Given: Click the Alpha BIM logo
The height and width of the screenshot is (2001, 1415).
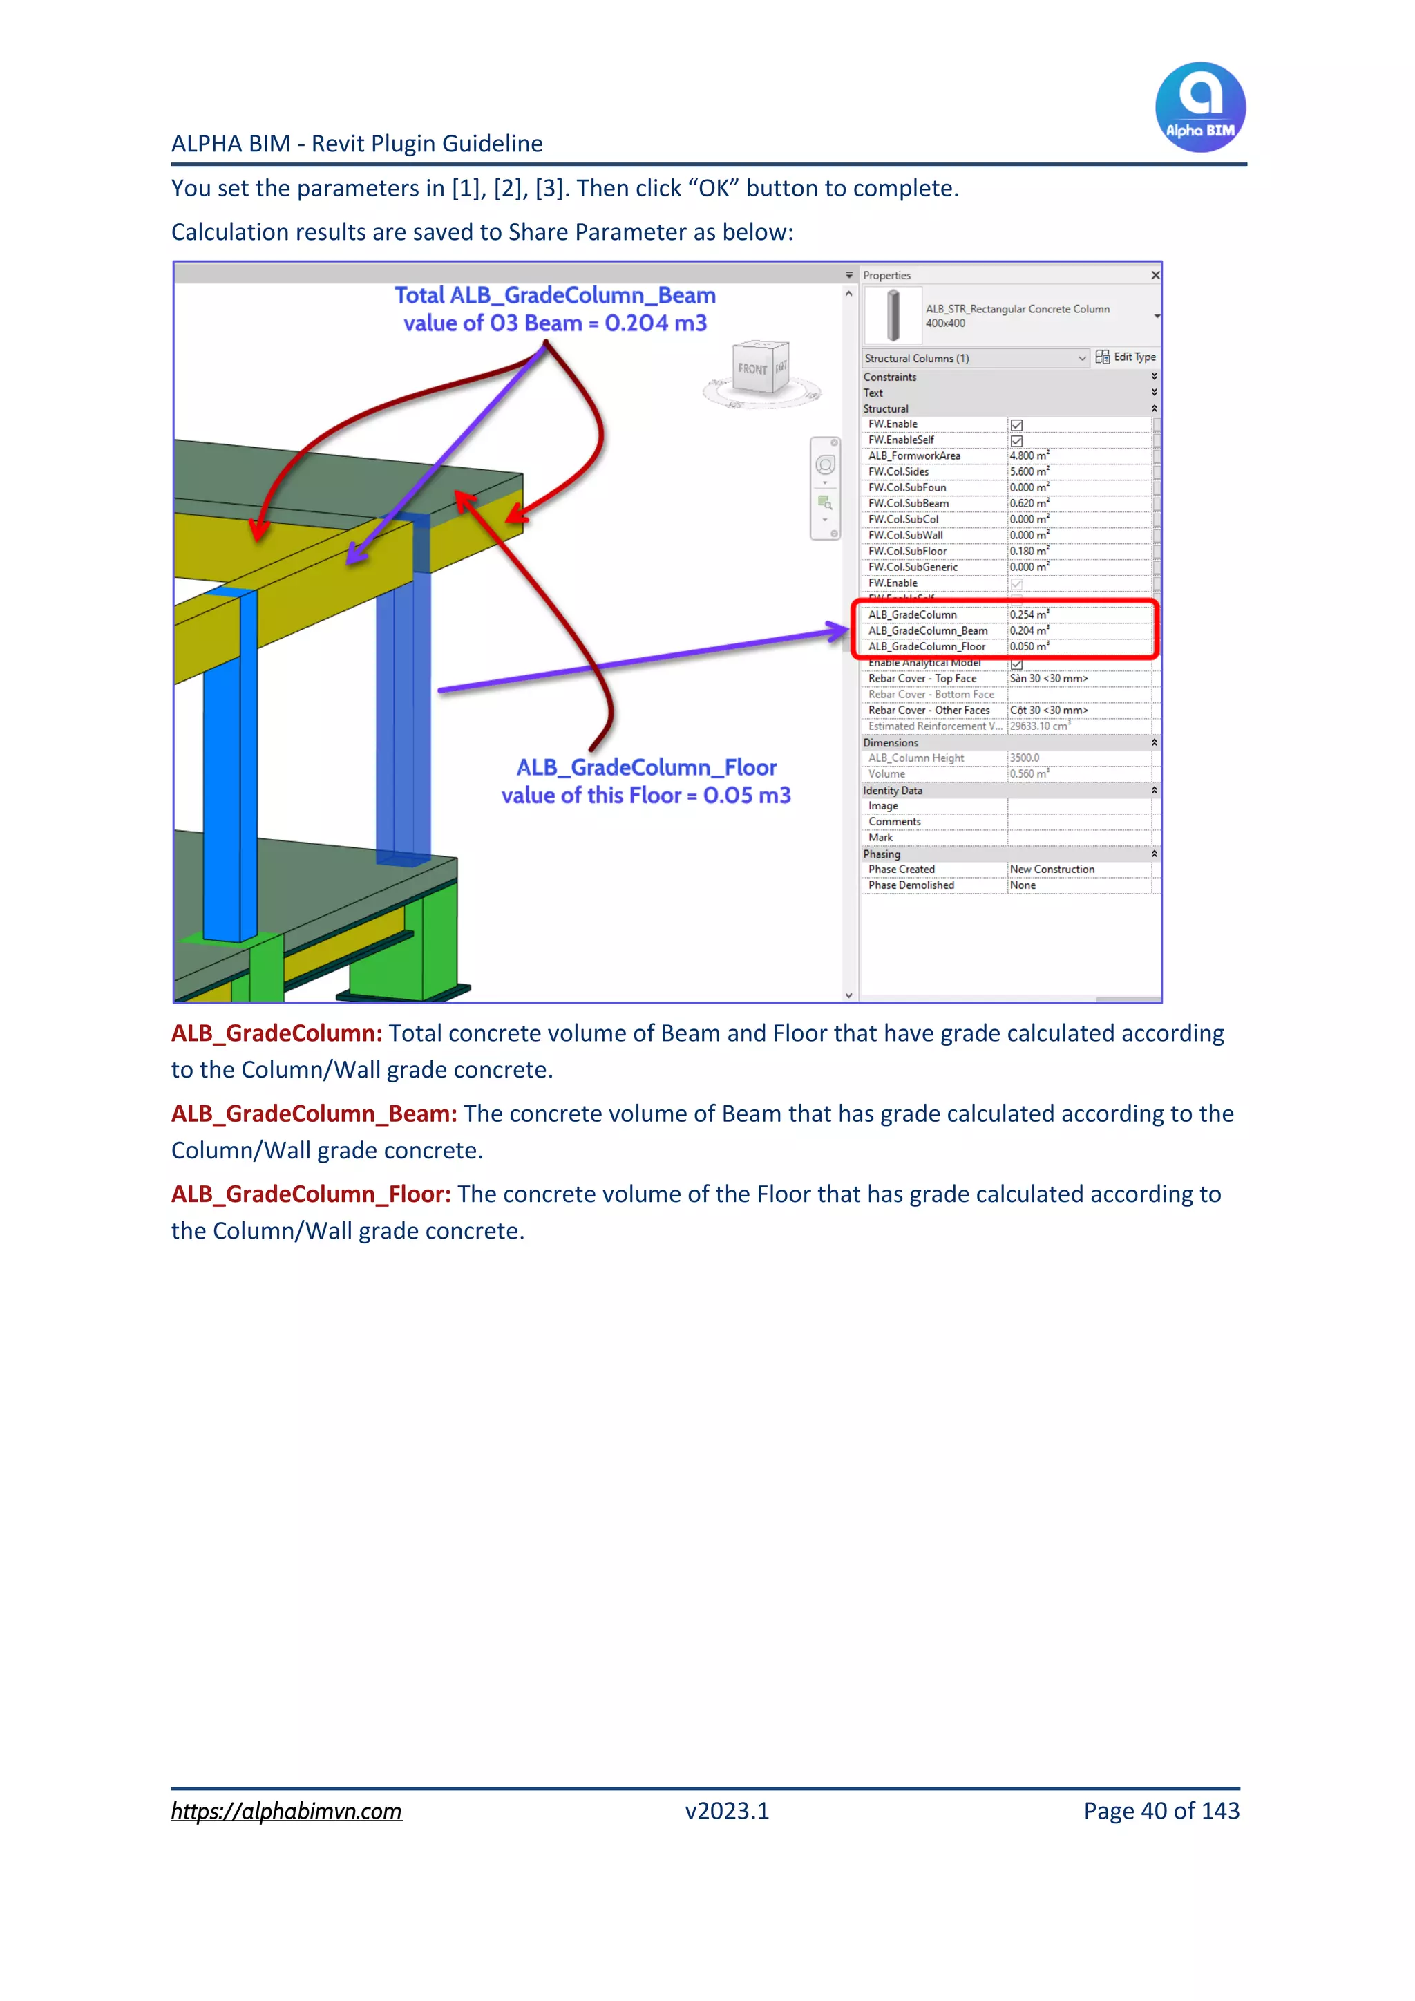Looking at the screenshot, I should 1200,107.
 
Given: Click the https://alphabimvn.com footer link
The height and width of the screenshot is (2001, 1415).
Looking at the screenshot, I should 286,1811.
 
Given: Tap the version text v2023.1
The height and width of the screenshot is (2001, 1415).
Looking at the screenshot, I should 727,1811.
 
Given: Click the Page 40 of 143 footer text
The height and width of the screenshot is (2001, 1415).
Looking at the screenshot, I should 1161,1811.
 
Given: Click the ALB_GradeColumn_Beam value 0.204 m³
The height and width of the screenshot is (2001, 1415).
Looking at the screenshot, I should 1029,631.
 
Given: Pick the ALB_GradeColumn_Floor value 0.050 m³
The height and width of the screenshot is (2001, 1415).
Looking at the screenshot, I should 1029,647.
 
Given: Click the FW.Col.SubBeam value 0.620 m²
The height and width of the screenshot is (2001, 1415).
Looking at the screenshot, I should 1029,504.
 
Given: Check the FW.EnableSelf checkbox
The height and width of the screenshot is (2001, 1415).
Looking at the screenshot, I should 1016,441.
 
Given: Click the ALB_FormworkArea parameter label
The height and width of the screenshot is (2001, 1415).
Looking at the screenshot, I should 914,455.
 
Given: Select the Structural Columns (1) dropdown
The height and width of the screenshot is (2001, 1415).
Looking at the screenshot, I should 974,358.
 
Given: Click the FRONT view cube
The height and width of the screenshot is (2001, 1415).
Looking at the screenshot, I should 754,368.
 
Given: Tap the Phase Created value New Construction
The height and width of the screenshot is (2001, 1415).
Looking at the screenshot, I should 1052,870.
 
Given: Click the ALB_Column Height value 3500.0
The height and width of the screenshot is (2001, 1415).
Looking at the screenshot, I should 1025,758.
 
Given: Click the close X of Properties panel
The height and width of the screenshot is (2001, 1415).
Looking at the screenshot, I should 1155,275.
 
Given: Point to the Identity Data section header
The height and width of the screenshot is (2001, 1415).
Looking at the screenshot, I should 893,791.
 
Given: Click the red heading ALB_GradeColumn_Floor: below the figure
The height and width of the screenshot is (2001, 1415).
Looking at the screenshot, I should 311,1194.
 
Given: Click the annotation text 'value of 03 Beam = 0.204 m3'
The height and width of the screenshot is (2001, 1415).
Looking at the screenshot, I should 555,323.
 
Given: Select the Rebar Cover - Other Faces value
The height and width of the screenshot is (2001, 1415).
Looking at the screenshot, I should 1048,711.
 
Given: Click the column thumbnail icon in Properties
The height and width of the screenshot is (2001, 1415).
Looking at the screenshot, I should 893,315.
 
